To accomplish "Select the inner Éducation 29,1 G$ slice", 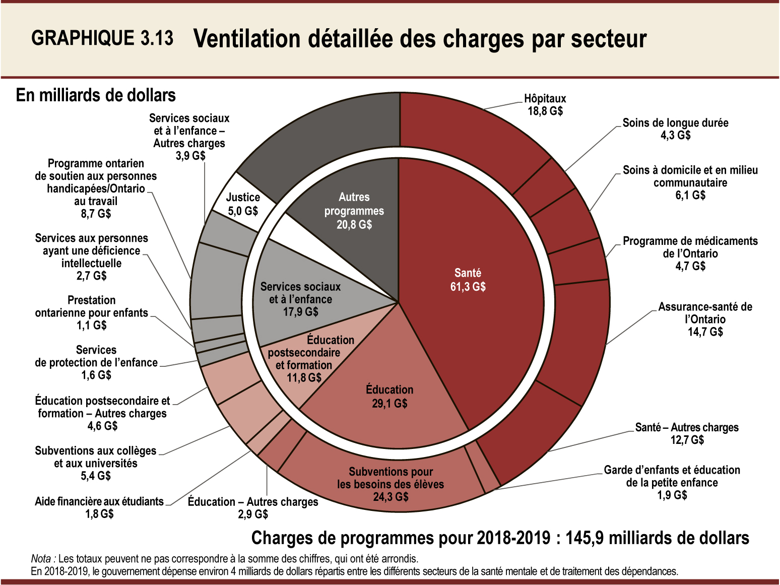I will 389,397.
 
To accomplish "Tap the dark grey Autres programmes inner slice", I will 354,211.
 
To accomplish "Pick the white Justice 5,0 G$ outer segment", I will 243,204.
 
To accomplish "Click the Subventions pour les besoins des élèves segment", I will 391,484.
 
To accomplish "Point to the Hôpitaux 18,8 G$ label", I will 545,105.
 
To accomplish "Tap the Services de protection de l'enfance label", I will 96,362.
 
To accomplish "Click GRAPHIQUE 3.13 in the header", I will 102,38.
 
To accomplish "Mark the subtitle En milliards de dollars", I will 96,95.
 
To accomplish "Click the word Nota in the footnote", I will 41,559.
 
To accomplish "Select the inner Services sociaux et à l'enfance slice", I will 300,299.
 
